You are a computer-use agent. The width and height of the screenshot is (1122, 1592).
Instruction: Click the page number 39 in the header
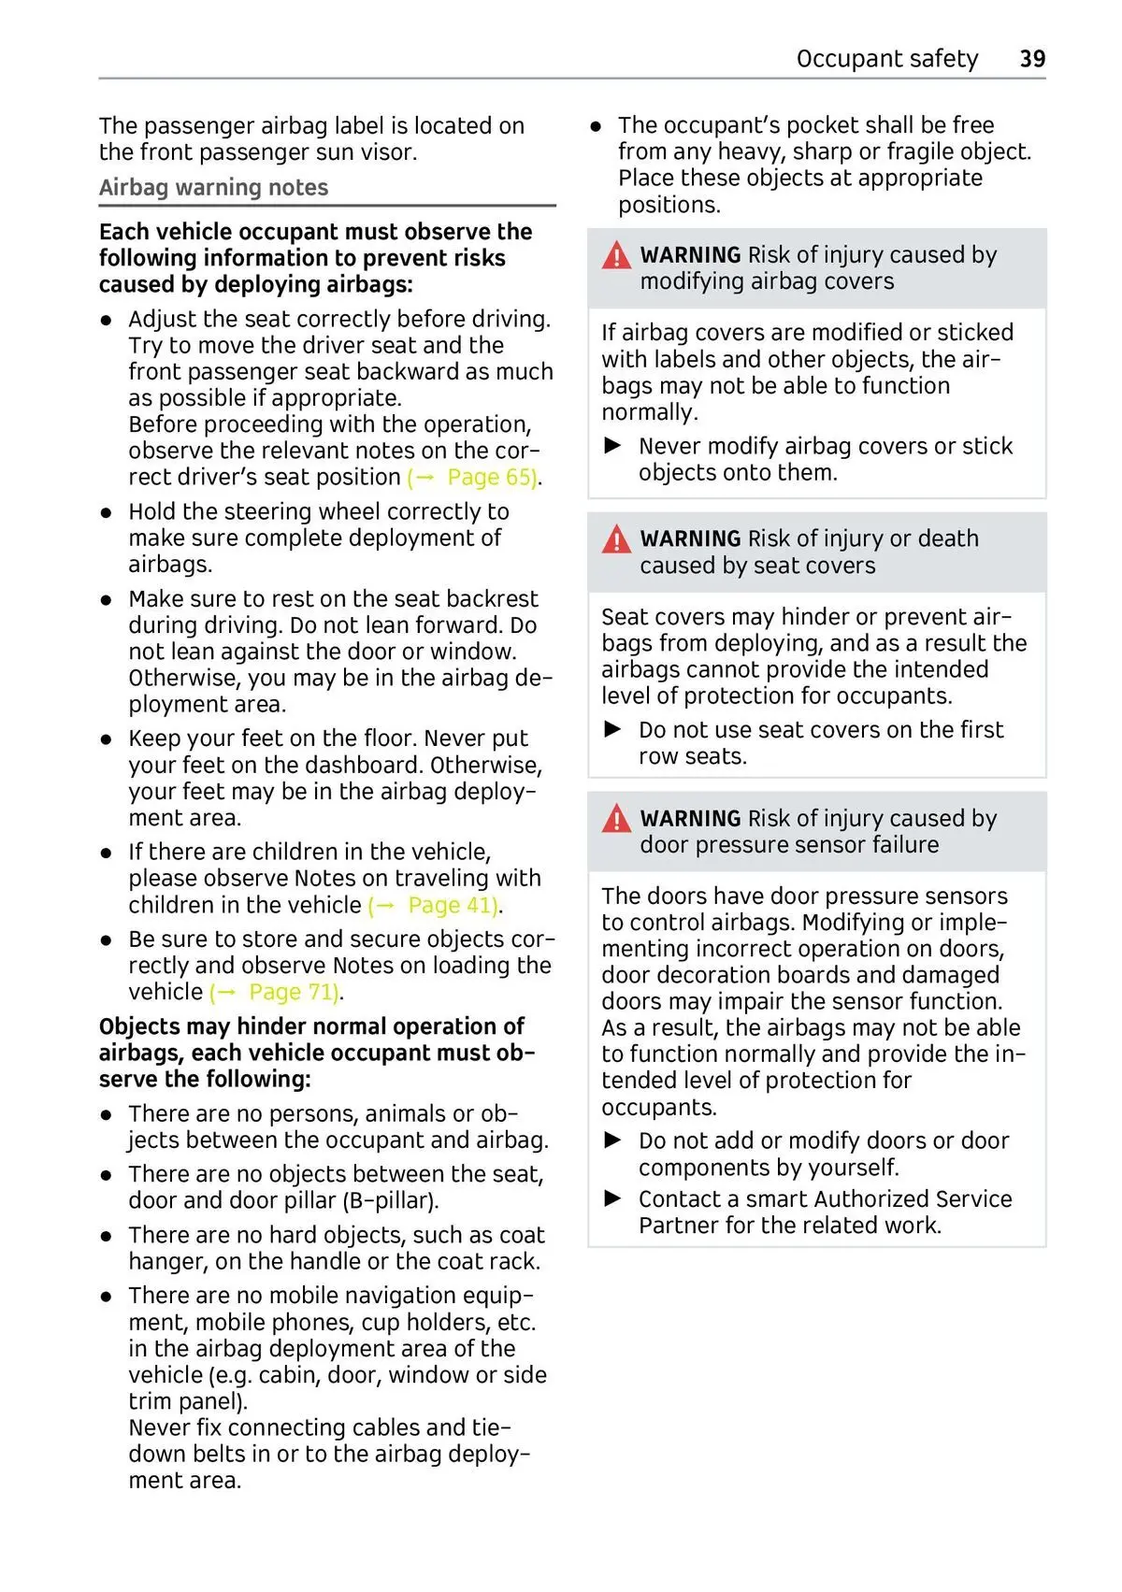pyautogui.click(x=1032, y=59)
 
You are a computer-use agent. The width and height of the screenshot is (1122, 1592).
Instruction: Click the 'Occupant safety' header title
pyautogui.click(x=886, y=59)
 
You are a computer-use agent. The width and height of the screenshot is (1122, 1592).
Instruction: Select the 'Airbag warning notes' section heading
pyautogui.click(x=213, y=188)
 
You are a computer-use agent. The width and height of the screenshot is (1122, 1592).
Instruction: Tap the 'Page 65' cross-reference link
pyautogui.click(x=491, y=478)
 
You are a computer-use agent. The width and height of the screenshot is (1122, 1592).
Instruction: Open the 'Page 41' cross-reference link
pyautogui.click(x=452, y=906)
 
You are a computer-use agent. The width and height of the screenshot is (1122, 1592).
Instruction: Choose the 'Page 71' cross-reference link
pyautogui.click(x=293, y=993)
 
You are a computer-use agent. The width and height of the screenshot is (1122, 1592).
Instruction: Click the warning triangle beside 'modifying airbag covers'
pyautogui.click(x=616, y=255)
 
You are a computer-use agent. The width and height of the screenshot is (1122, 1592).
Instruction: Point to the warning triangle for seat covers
pyautogui.click(x=616, y=539)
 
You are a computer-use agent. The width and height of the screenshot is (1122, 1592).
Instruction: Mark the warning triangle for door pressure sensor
pyautogui.click(x=616, y=819)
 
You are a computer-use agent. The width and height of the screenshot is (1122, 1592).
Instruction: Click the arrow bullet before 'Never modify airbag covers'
pyautogui.click(x=613, y=446)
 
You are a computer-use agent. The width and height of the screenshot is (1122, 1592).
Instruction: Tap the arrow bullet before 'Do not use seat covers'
pyautogui.click(x=613, y=729)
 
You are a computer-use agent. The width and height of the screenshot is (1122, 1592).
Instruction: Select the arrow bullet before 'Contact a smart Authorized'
pyautogui.click(x=613, y=1198)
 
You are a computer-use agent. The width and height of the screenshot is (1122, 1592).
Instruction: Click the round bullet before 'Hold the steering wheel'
pyautogui.click(x=108, y=513)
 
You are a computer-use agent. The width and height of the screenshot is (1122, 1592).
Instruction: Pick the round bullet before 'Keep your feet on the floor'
pyautogui.click(x=108, y=739)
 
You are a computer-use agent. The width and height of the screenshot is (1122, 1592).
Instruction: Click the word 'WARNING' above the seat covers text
pyautogui.click(x=690, y=539)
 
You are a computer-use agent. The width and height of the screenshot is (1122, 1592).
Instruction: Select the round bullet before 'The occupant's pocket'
pyautogui.click(x=596, y=126)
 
